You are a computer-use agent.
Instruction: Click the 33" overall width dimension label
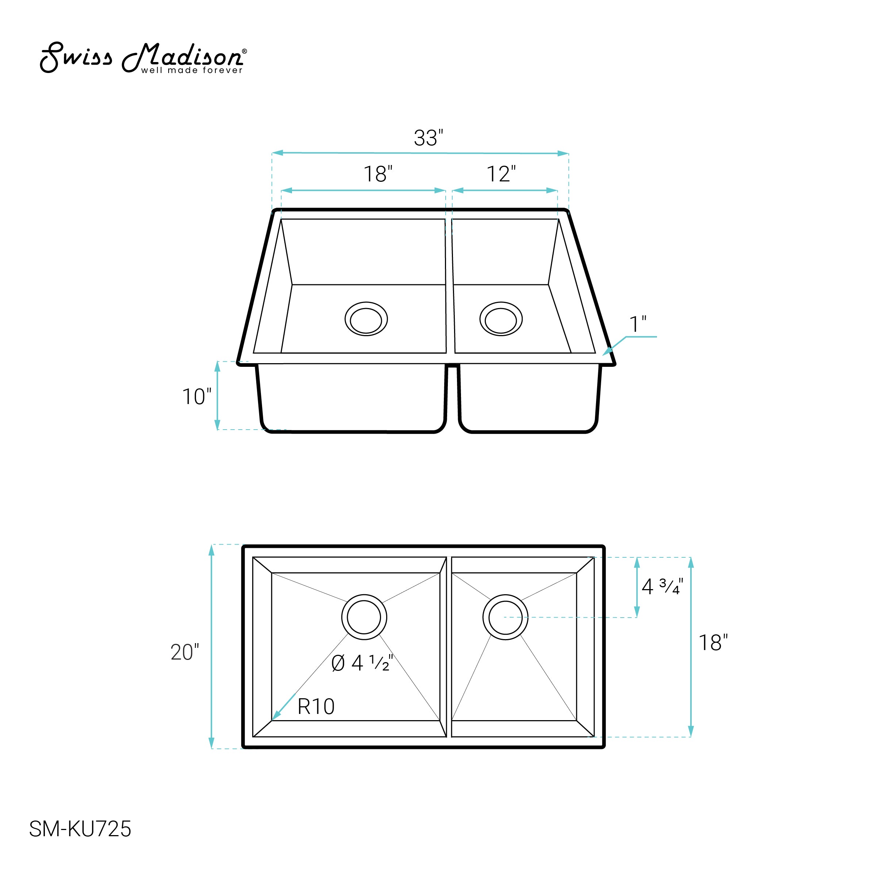(x=429, y=138)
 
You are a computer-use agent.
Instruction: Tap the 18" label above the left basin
(x=378, y=174)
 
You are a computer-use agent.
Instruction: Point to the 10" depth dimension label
(x=196, y=397)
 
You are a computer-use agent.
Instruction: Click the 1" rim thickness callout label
(x=638, y=324)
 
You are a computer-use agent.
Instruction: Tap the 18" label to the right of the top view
(x=713, y=643)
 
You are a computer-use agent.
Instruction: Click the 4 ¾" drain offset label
(x=662, y=587)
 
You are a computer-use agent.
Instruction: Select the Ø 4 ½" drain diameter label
(x=362, y=663)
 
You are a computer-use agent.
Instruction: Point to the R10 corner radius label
(x=316, y=706)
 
